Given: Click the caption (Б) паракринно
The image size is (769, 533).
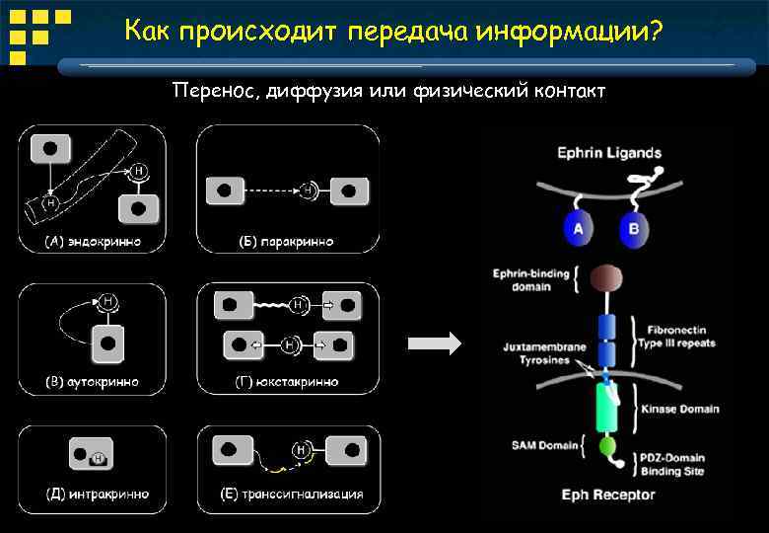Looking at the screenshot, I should point(287,241).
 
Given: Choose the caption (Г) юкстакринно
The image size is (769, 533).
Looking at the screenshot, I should point(287,381).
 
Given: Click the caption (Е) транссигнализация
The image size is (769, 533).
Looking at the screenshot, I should point(287,494).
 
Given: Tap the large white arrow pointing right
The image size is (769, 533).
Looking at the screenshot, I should point(434,343).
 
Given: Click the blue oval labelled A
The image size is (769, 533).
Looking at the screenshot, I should point(577,229).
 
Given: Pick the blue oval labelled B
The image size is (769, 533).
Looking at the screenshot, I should point(633,229).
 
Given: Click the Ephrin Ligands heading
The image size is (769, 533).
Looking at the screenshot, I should point(609,153).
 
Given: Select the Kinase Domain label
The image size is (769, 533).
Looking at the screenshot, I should point(680,409).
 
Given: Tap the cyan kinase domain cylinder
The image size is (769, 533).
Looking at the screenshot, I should point(605,407).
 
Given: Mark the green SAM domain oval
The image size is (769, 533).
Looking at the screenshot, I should point(607,446).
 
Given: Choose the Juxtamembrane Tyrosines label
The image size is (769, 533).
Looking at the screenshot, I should point(544,354).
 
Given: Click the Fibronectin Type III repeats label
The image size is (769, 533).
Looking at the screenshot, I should point(681,337).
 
